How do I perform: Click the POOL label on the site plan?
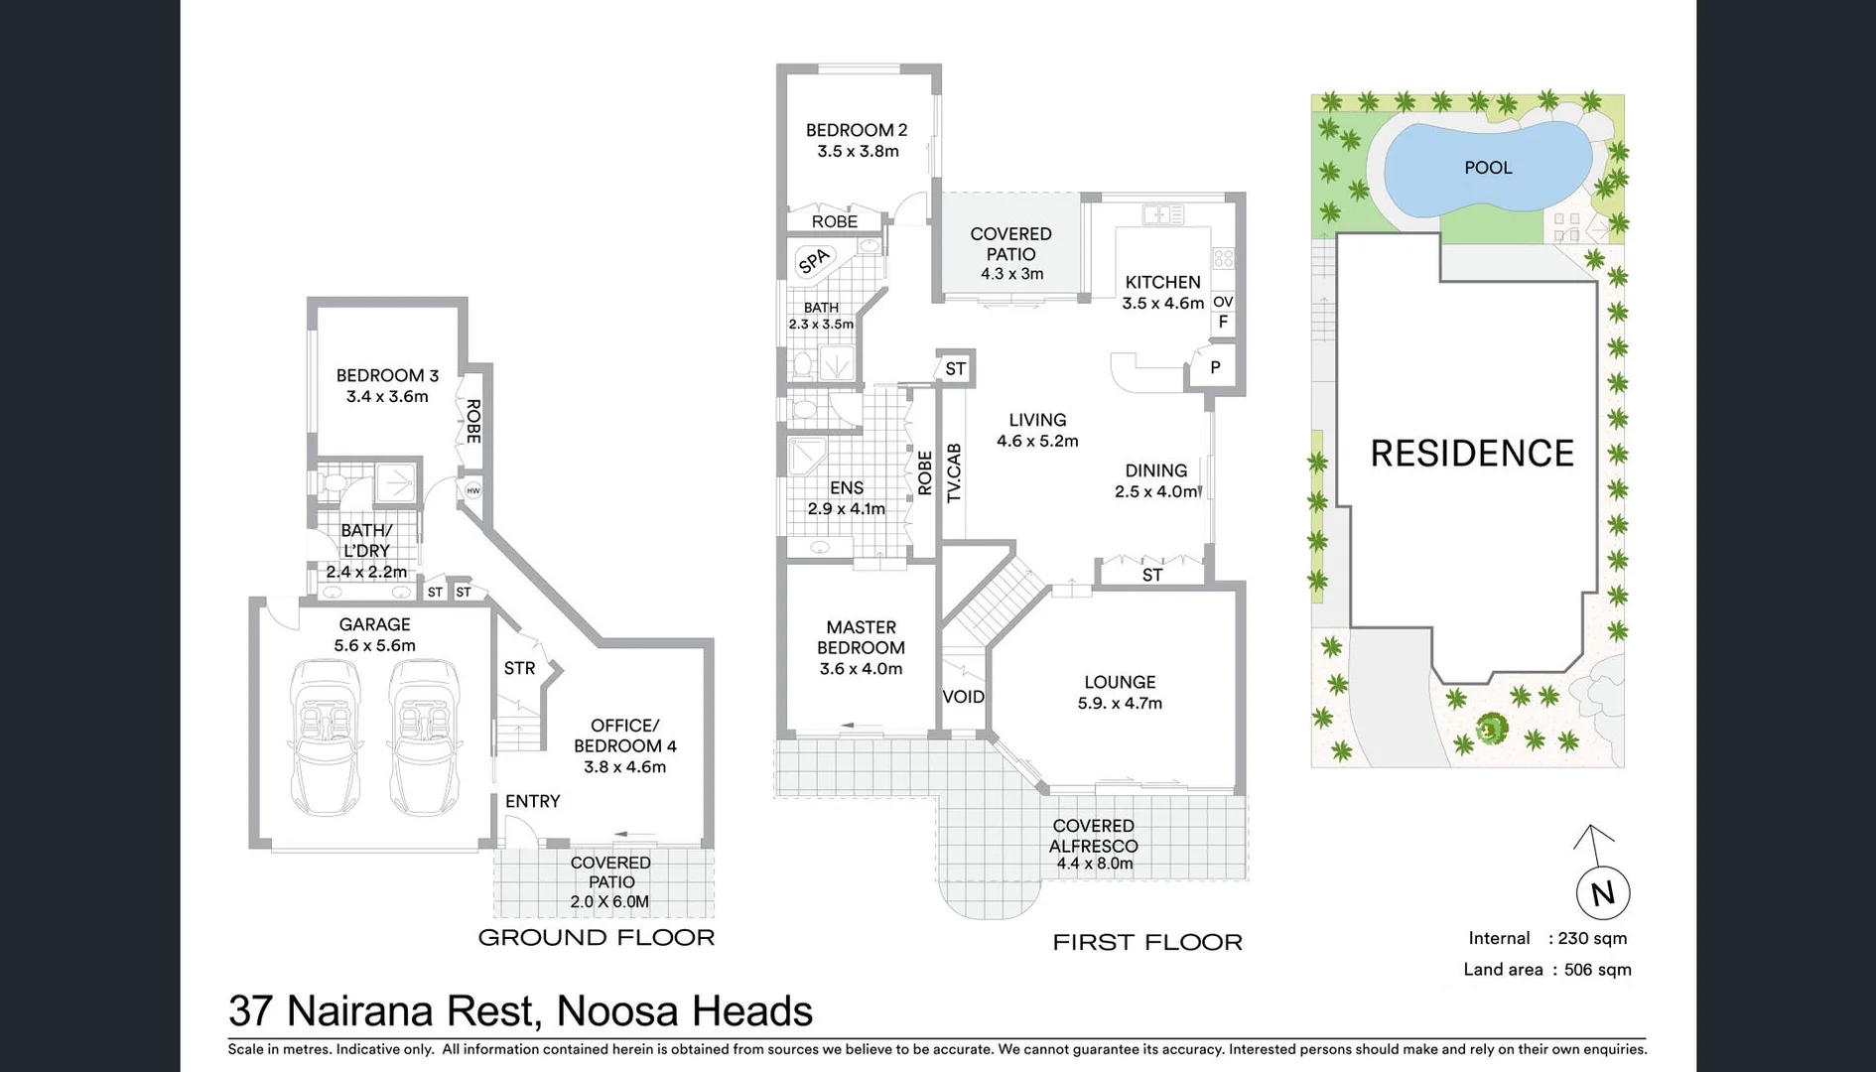click(1488, 168)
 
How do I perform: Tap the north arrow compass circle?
click(1602, 892)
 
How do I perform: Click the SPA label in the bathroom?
click(813, 261)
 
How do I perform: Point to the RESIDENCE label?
click(1471, 454)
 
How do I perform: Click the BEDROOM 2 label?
click(856, 130)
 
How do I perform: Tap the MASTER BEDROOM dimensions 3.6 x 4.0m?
click(861, 669)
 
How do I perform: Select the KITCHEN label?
click(1162, 282)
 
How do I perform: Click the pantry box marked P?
click(1215, 368)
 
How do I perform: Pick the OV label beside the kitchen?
click(1223, 302)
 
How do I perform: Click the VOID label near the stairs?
click(963, 697)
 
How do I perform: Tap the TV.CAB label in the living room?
click(954, 473)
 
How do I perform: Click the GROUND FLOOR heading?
click(596, 938)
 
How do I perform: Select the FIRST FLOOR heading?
click(1146, 943)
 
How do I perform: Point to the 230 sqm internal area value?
click(1592, 939)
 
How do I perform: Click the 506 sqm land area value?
click(1597, 970)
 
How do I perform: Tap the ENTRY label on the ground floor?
click(532, 801)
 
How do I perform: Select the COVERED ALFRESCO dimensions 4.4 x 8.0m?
click(1094, 864)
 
